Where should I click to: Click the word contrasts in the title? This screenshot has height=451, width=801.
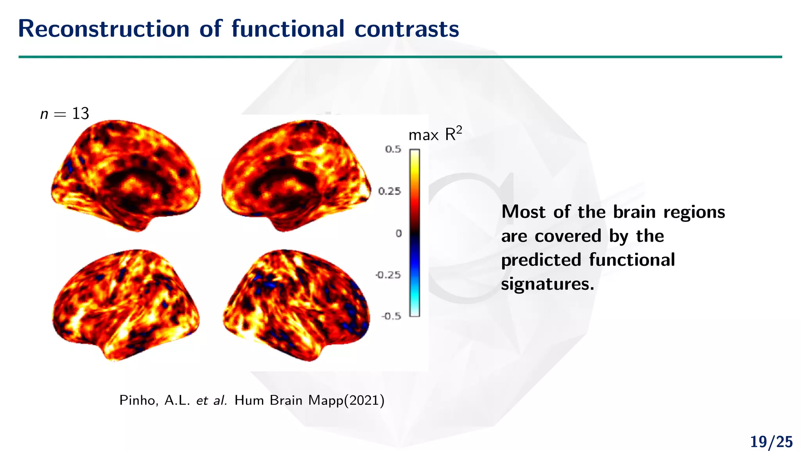407,29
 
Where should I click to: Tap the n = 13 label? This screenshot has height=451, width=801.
65,114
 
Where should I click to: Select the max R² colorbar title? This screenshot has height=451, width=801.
435,135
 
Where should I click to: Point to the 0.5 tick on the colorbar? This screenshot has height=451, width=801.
393,149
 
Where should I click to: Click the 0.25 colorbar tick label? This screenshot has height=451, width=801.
390,191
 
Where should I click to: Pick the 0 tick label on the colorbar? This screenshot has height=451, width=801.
399,233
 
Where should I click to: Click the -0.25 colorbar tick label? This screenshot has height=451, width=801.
388,275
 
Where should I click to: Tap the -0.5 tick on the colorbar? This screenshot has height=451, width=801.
391,316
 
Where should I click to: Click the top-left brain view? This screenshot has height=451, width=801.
126,175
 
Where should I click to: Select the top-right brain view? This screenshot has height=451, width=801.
296,175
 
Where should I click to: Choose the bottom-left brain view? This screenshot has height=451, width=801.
126,305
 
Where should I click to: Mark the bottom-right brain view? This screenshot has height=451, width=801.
296,305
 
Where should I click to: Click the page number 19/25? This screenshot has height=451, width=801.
771,442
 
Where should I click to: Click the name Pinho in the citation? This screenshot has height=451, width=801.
138,400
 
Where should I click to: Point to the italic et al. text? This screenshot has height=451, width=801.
212,400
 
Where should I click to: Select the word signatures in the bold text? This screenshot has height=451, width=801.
548,284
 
